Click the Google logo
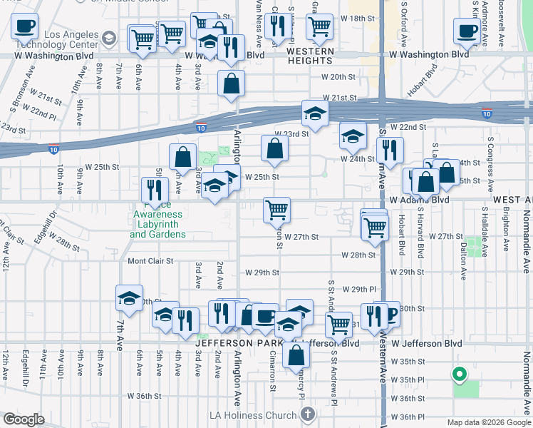click(x=24, y=419)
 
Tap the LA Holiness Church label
click(x=252, y=415)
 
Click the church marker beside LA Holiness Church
click(x=307, y=414)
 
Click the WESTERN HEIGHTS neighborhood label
click(x=310, y=56)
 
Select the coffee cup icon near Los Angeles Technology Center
click(x=24, y=27)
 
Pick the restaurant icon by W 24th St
click(x=389, y=150)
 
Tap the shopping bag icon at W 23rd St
click(x=274, y=149)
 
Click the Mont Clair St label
click(x=150, y=261)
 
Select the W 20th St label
click(x=338, y=77)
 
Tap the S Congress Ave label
click(x=489, y=160)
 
